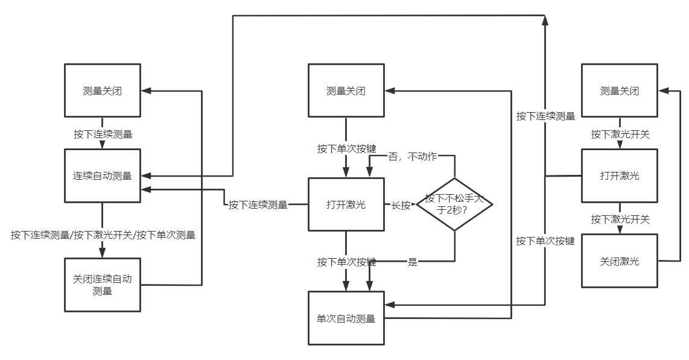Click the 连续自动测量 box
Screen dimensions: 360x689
103,175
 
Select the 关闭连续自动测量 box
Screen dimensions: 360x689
103,285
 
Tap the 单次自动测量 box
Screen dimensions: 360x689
346,318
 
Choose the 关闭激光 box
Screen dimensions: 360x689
620,262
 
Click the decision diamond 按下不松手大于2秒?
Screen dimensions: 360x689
455,204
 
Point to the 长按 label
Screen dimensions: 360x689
401,205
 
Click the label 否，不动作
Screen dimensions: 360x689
413,157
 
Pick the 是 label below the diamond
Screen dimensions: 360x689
413,262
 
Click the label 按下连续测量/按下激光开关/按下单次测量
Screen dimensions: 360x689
103,235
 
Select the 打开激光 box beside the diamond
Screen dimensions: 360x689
346,204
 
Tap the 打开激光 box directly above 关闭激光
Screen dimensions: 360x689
620,175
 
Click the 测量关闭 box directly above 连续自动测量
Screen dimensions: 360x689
103,90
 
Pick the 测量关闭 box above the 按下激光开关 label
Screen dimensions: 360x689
620,90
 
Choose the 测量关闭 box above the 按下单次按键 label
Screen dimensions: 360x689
346,90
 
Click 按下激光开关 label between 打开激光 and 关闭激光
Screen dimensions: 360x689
620,219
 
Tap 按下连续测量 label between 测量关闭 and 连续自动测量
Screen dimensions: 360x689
103,134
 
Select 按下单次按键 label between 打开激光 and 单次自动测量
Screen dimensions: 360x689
347,262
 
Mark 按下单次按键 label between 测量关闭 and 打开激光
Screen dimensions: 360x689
347,148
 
